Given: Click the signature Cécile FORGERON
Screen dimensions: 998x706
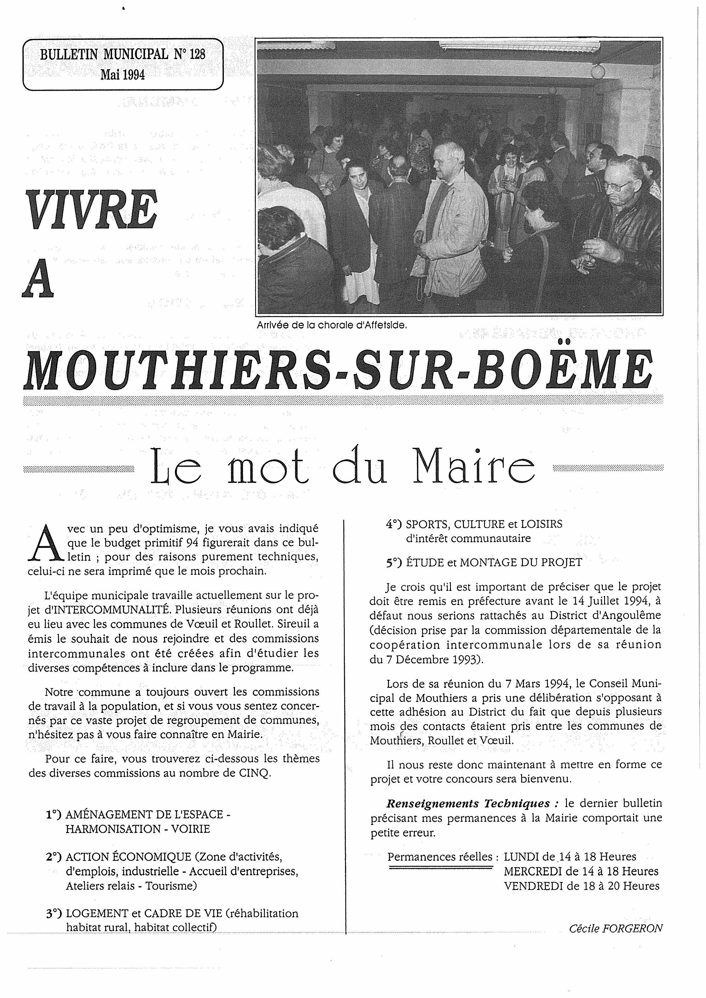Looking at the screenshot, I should point(616,928).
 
